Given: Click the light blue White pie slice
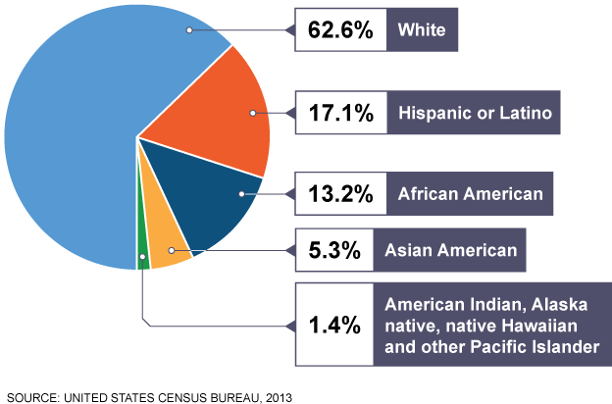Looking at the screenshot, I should pos(69,127).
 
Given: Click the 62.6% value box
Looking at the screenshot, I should pos(339,30).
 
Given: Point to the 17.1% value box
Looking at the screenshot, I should pos(339,114).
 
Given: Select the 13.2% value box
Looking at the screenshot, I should pos(339,193).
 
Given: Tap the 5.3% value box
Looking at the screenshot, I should pos(339,251).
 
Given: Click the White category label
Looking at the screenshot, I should pos(422,30).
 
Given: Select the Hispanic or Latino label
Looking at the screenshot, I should pos(478,114).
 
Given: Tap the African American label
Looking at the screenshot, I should pos(470,193).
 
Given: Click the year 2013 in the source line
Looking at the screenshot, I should pos(276,397).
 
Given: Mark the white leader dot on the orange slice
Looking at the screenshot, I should pos(253,114).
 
